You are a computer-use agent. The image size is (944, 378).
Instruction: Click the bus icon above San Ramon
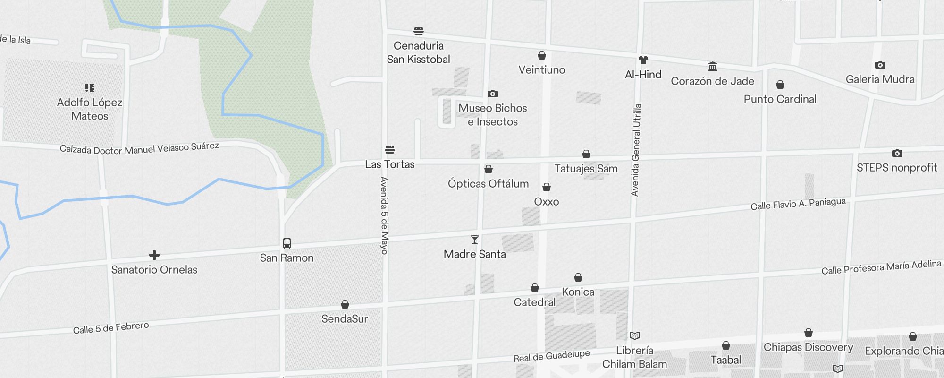click(287, 243)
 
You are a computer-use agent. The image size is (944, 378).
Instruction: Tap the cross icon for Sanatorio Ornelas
click(154, 255)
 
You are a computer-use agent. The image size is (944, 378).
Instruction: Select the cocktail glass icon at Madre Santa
click(475, 240)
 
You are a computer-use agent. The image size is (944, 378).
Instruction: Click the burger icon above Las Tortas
click(390, 150)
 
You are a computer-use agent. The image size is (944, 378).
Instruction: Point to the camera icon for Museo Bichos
click(493, 94)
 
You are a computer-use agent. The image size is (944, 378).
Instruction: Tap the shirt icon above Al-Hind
click(643, 60)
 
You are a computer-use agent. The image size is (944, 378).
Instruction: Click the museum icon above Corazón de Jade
click(713, 66)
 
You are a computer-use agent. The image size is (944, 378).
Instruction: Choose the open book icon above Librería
click(635, 336)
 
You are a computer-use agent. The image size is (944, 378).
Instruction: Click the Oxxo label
click(547, 202)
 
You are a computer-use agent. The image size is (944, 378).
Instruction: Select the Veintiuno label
click(542, 70)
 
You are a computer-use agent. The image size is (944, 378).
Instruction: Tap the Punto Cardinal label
click(780, 99)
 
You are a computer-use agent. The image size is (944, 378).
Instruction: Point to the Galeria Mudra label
click(880, 79)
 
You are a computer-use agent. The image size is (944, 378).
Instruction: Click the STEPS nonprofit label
click(897, 168)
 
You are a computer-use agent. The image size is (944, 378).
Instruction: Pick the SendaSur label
click(345, 319)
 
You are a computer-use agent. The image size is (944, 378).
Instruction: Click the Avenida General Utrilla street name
click(636, 150)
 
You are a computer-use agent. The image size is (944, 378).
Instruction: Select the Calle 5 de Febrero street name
click(111, 328)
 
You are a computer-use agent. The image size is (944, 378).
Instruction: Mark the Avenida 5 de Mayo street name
click(384, 215)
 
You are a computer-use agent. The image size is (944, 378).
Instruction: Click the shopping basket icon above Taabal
click(726, 346)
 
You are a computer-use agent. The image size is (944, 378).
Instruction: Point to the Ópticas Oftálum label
click(488, 184)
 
